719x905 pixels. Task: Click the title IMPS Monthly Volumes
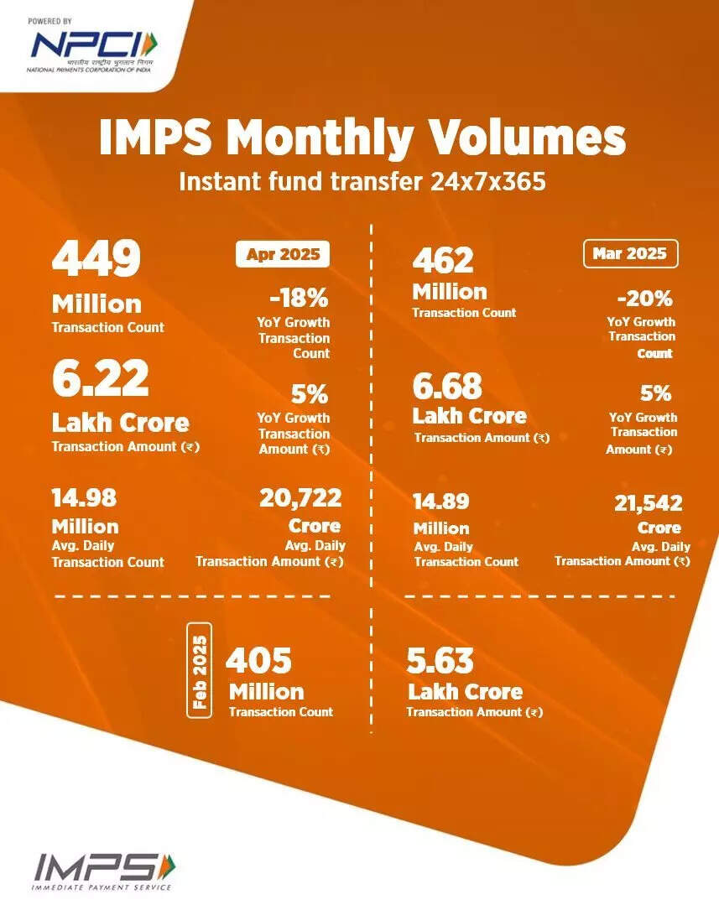(362, 138)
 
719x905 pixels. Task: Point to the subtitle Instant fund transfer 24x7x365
(362, 181)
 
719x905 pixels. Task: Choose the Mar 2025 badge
(629, 253)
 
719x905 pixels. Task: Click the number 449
(96, 260)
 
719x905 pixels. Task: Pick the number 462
(444, 260)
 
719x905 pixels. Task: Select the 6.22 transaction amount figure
(100, 380)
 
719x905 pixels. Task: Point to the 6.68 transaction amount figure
(447, 387)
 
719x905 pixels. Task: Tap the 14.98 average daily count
(84, 498)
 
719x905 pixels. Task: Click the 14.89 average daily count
(440, 502)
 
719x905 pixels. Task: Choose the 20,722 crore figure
(300, 498)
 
